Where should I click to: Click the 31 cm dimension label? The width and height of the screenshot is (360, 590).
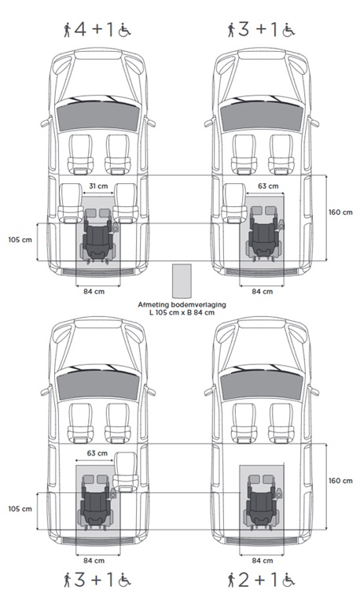[x=98, y=186]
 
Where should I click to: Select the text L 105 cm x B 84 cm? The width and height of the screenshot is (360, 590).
[x=182, y=312]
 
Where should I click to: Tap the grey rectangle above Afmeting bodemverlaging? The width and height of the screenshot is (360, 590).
[x=182, y=281]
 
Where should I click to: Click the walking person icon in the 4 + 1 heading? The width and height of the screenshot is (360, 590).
[x=68, y=29]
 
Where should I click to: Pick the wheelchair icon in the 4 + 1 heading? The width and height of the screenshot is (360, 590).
[x=124, y=30]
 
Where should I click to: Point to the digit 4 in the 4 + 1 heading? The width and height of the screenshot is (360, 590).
[x=80, y=29]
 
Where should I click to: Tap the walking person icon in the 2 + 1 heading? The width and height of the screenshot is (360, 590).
[x=231, y=580]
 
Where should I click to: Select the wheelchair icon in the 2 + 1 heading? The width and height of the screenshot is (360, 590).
[x=288, y=580]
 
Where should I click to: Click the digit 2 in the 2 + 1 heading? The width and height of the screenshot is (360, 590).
[x=244, y=580]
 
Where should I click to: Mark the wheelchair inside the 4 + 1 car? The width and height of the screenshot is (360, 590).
[x=98, y=235]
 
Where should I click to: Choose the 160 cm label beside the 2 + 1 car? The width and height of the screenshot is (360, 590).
[x=340, y=481]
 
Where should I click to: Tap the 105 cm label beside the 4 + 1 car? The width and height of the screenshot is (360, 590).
[x=20, y=239]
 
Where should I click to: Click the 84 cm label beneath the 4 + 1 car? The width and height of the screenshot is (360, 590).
[x=94, y=291]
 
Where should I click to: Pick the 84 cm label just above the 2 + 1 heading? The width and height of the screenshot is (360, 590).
[x=263, y=561]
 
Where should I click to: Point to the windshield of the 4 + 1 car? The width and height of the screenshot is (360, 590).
[x=98, y=115]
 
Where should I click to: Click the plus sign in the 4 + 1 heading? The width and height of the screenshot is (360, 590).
[x=97, y=29]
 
